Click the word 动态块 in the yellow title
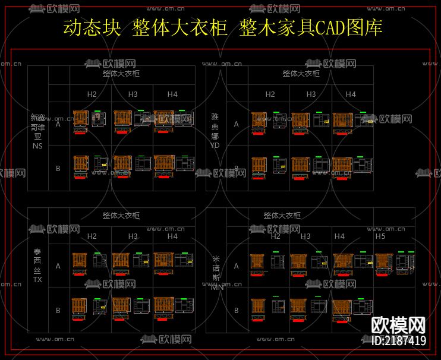tap(91, 28)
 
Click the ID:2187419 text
tap(398, 341)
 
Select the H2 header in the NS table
tap(92, 94)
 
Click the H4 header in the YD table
tap(351, 94)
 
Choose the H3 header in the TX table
tap(133, 236)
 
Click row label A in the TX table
tap(58, 266)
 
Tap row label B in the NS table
tap(58, 169)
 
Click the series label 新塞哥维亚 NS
tap(37, 131)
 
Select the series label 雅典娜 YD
tap(215, 131)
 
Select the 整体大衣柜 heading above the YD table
tap(301, 74)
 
